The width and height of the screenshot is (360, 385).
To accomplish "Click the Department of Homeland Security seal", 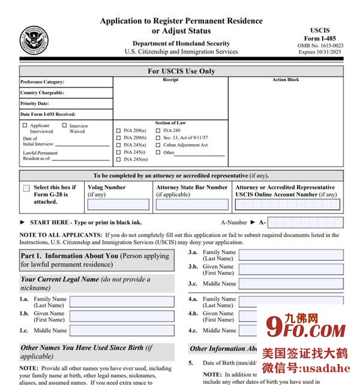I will [34, 41].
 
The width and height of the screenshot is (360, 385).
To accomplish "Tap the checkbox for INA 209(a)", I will [118, 130].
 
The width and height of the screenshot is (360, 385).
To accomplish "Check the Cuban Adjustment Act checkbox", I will [158, 145].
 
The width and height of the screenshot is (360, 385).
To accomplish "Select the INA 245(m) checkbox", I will [118, 159].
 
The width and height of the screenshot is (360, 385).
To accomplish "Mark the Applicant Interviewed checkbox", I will [25, 126].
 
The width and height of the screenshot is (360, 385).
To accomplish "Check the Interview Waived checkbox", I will [64, 126].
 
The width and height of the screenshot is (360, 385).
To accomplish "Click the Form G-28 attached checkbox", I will [26, 188].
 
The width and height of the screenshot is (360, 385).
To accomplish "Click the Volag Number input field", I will [118, 204].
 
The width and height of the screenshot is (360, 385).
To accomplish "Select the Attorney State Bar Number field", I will [192, 204].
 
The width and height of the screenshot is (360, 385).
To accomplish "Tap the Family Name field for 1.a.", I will [122, 302].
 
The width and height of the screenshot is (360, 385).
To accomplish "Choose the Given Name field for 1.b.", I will [122, 316].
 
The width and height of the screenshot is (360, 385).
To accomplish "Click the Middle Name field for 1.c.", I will [122, 330].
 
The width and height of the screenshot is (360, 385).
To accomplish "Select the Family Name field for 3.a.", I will [291, 255].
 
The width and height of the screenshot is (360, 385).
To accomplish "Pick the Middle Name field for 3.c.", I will [291, 283].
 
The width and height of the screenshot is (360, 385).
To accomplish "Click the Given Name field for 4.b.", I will [291, 316].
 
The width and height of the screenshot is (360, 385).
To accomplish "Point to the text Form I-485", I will [320, 38].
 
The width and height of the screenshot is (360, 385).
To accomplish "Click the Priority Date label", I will [35, 103].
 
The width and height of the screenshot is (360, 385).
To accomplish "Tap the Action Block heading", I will [286, 80].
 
